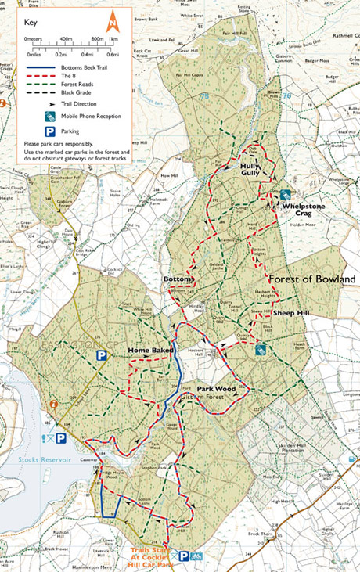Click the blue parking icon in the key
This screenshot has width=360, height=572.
click(49, 131)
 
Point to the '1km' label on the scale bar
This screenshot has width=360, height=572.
click(113, 38)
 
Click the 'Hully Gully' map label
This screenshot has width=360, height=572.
click(250, 171)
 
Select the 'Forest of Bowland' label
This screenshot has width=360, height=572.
click(311, 279)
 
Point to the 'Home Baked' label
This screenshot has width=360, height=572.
click(150, 350)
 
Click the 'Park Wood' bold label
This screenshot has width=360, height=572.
click(215, 388)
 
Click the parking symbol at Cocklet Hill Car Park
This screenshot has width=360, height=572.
click(184, 556)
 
